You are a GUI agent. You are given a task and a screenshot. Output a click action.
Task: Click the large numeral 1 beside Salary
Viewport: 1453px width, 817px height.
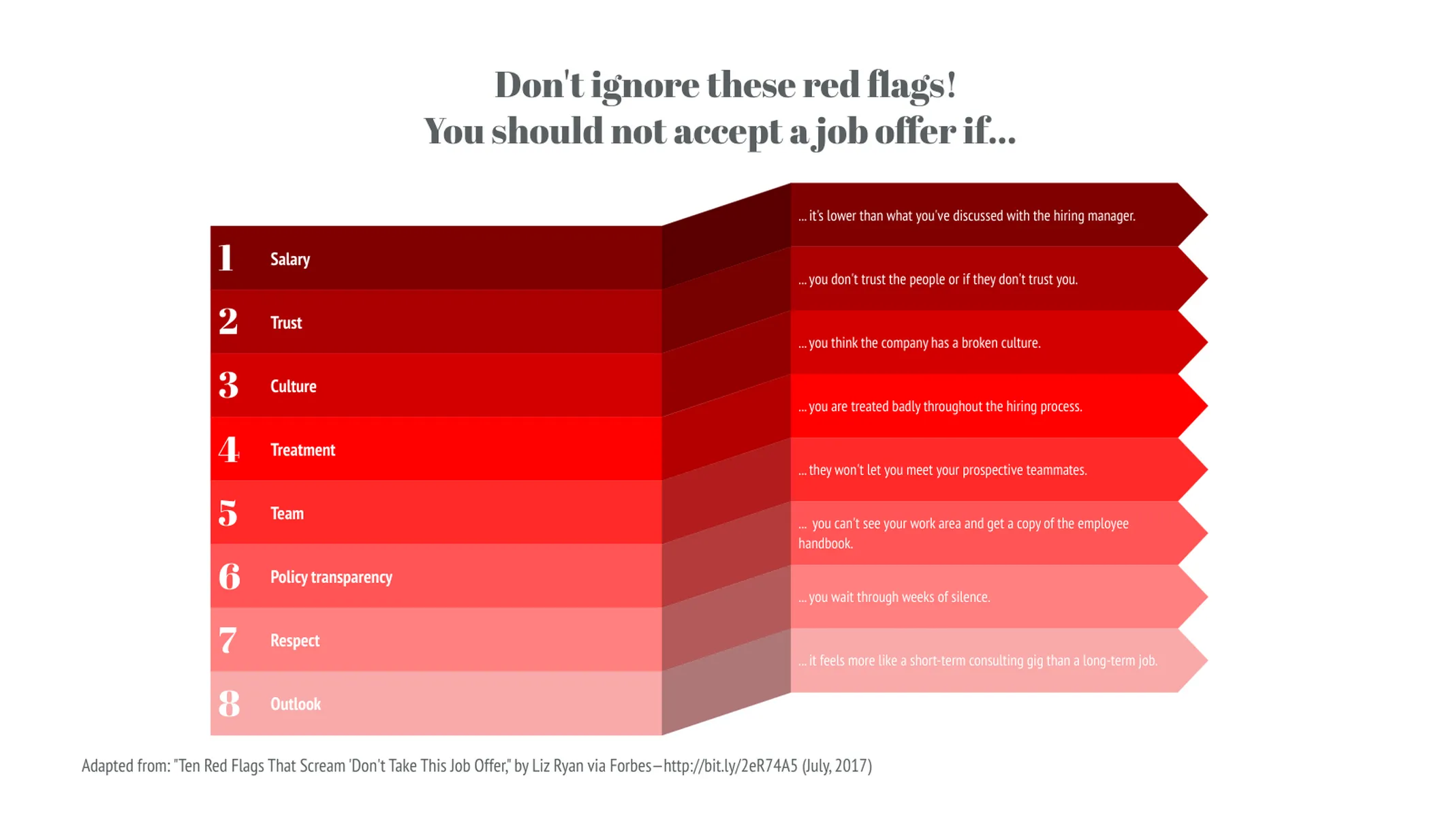point(225,258)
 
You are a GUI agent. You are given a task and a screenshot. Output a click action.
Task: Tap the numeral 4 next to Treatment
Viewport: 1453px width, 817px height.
point(228,449)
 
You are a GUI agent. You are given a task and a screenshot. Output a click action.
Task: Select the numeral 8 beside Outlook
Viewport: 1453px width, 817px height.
point(229,703)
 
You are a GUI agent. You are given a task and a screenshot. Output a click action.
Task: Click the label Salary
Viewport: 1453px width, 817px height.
point(290,259)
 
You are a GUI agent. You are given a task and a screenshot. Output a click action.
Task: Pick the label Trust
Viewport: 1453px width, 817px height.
point(285,323)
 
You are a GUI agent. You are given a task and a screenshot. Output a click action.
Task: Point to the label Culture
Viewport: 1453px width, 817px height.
point(293,386)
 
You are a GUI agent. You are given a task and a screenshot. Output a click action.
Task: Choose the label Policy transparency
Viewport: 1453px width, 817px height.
point(331,577)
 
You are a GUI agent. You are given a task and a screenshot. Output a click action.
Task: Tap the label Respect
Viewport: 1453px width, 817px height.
point(294,641)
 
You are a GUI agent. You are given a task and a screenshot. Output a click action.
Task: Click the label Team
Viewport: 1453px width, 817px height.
point(287,513)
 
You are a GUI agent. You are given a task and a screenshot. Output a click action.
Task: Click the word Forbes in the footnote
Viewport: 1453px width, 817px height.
point(630,766)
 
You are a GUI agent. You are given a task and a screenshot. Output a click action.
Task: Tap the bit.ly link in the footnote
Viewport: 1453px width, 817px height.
point(730,766)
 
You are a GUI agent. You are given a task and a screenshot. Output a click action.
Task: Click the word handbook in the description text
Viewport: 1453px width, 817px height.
point(825,543)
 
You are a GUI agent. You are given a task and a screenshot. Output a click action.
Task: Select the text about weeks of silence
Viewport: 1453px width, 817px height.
point(894,597)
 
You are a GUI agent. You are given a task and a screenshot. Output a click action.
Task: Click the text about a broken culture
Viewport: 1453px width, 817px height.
point(920,343)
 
